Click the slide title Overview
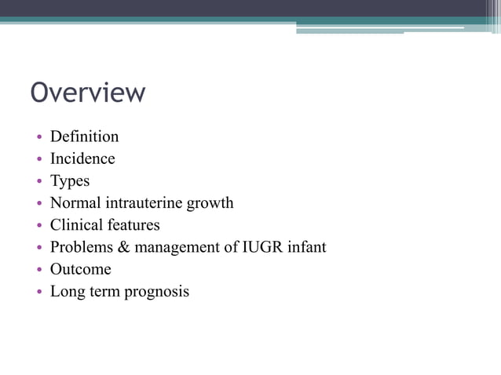click(x=87, y=93)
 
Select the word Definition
click(x=84, y=137)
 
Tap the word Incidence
click(x=82, y=158)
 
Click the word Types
click(x=70, y=181)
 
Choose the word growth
click(x=210, y=203)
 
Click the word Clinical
click(x=75, y=225)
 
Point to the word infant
click(x=307, y=247)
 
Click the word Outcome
click(x=80, y=269)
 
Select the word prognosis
click(x=156, y=293)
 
